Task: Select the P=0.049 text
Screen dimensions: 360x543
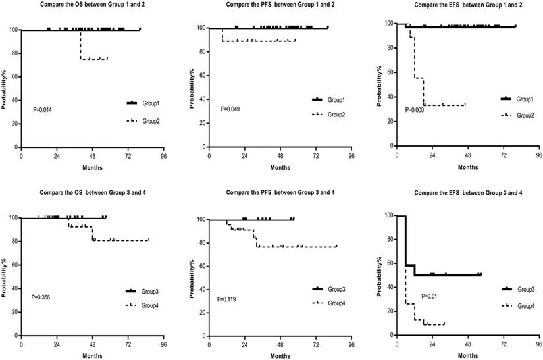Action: click(x=231, y=108)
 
